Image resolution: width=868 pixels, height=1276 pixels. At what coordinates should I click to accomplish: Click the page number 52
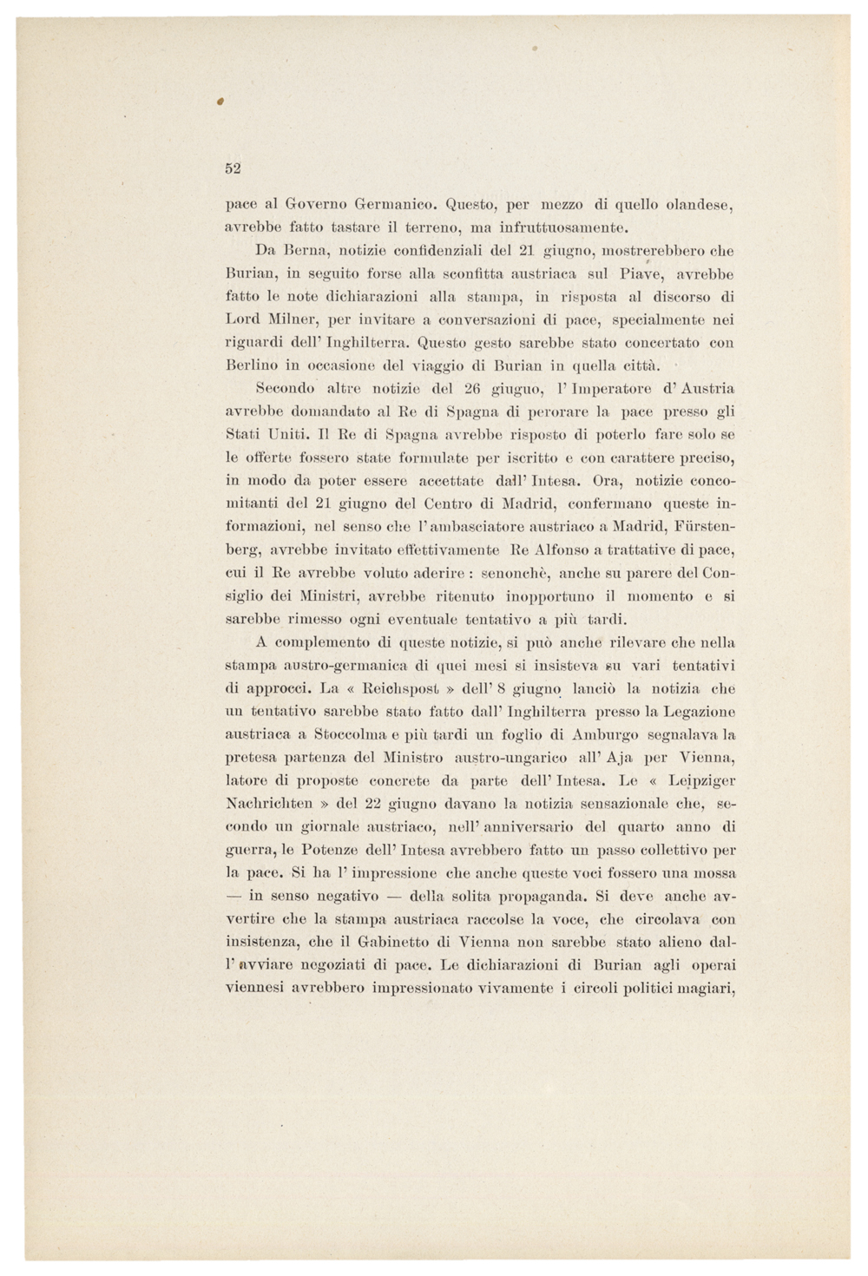tap(233, 168)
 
